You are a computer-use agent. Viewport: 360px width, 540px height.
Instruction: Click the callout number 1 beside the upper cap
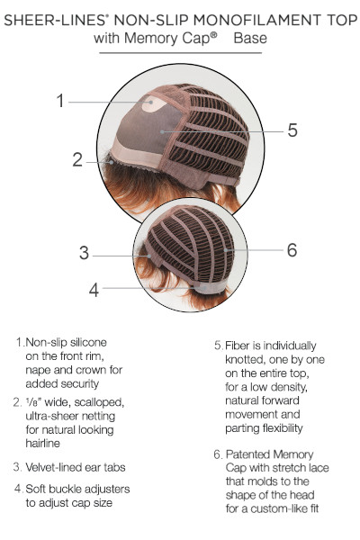point(60,101)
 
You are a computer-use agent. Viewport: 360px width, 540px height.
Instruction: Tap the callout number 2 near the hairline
point(77,160)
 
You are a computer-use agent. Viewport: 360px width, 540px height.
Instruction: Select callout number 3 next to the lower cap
point(84,253)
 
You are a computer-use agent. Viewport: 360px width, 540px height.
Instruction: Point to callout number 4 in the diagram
point(94,290)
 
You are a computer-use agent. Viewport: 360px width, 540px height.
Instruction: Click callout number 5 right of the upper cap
point(292,130)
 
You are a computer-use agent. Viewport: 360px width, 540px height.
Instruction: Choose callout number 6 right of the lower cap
point(292,250)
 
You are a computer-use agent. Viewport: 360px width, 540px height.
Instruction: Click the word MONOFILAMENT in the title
point(256,20)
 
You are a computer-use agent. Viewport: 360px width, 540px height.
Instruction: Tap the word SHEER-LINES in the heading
point(54,20)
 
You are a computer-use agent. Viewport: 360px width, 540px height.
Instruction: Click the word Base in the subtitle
point(250,38)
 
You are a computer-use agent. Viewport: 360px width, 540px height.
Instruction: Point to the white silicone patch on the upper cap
point(154,103)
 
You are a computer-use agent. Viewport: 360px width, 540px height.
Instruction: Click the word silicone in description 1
point(88,342)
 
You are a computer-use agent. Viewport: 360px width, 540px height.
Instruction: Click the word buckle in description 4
point(60,489)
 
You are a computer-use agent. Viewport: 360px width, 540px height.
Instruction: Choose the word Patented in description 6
point(245,454)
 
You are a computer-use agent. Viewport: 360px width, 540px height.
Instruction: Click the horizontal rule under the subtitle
point(181,53)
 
